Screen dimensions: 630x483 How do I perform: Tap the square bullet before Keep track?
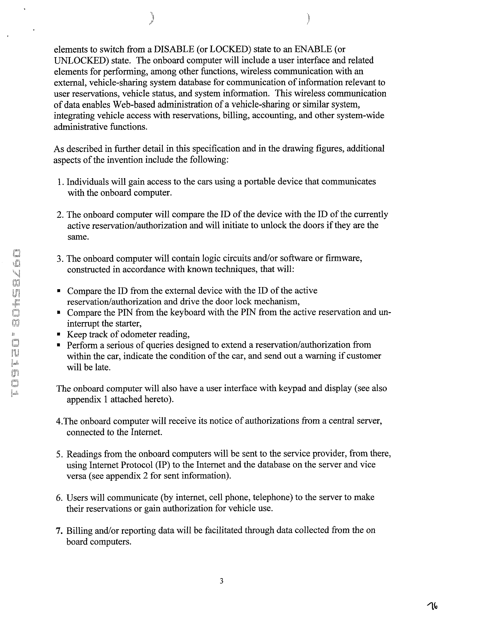(x=59, y=335)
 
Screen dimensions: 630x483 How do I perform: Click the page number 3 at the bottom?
(x=221, y=581)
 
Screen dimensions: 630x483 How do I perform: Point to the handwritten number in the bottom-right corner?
(x=432, y=606)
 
